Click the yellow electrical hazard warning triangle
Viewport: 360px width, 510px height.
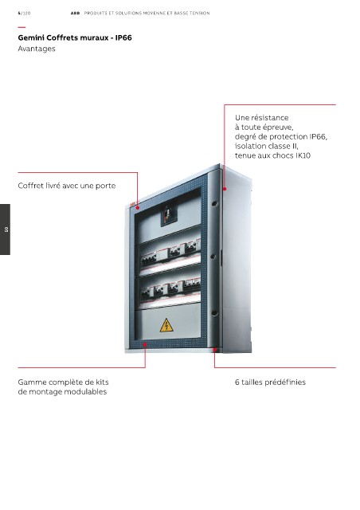pyautogui.click(x=166, y=325)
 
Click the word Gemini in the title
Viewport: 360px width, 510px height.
pyautogui.click(x=31, y=37)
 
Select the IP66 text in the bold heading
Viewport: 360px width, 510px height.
pyautogui.click(x=123, y=37)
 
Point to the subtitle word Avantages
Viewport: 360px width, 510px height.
pyautogui.click(x=37, y=49)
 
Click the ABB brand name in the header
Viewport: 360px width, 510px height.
pyautogui.click(x=75, y=14)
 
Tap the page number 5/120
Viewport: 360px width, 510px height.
pyautogui.click(x=24, y=14)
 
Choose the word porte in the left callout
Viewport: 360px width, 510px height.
pyautogui.click(x=105, y=186)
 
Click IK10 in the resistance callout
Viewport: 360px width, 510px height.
pyautogui.click(x=303, y=155)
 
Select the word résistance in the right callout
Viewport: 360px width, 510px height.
pyautogui.click(x=271, y=117)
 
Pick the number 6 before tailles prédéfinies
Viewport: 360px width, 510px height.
pyautogui.click(x=237, y=382)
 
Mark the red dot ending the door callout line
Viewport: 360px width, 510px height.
pyautogui.click(x=138, y=207)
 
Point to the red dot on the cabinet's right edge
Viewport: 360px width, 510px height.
pyautogui.click(x=225, y=189)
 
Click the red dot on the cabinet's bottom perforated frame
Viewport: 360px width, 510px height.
pyautogui.click(x=145, y=344)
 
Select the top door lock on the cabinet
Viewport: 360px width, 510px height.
pyautogui.click(x=214, y=204)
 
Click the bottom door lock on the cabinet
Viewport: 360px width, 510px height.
pyautogui.click(x=214, y=313)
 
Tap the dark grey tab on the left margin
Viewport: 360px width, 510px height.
pyautogui.click(x=5, y=229)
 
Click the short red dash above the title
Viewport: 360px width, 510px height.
pyautogui.click(x=22, y=27)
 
